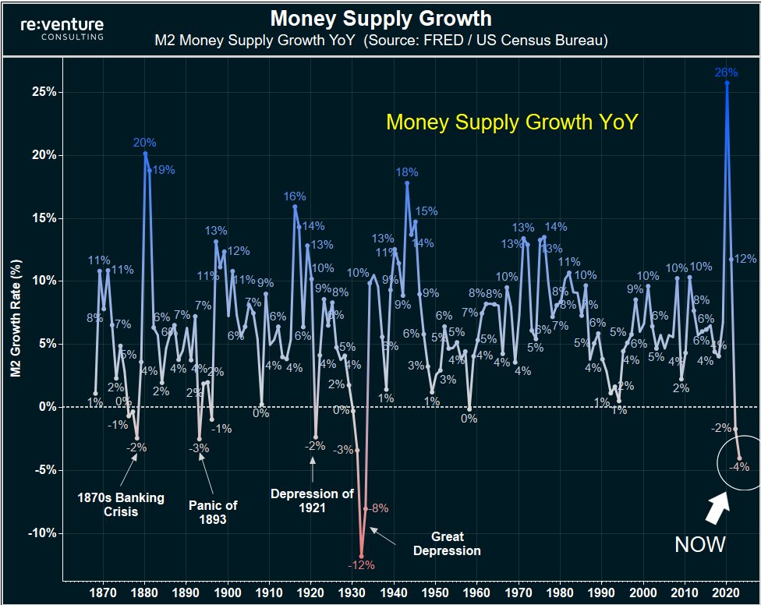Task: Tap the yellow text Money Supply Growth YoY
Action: coord(512,122)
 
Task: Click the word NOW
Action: coord(699,544)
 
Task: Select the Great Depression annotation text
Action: coord(447,543)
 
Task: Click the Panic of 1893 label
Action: coord(212,512)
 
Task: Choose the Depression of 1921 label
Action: coord(312,501)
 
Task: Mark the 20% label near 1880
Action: coord(144,143)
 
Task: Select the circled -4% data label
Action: coord(738,467)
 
